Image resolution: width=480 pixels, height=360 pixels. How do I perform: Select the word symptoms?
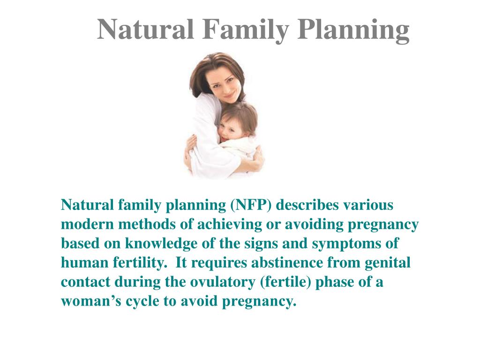[x=350, y=244]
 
